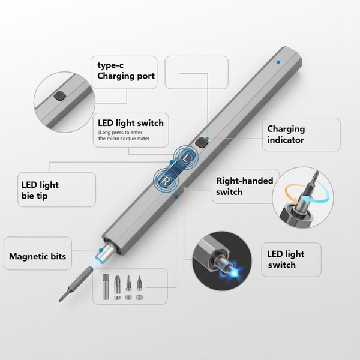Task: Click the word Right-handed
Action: click(x=244, y=181)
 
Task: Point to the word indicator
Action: click(x=286, y=140)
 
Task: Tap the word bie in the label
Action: click(x=29, y=196)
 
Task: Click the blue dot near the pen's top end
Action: click(x=278, y=61)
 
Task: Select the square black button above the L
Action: click(x=201, y=143)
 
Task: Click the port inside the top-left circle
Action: click(x=59, y=96)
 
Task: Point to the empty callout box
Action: click(x=196, y=73)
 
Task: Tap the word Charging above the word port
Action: click(x=118, y=76)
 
